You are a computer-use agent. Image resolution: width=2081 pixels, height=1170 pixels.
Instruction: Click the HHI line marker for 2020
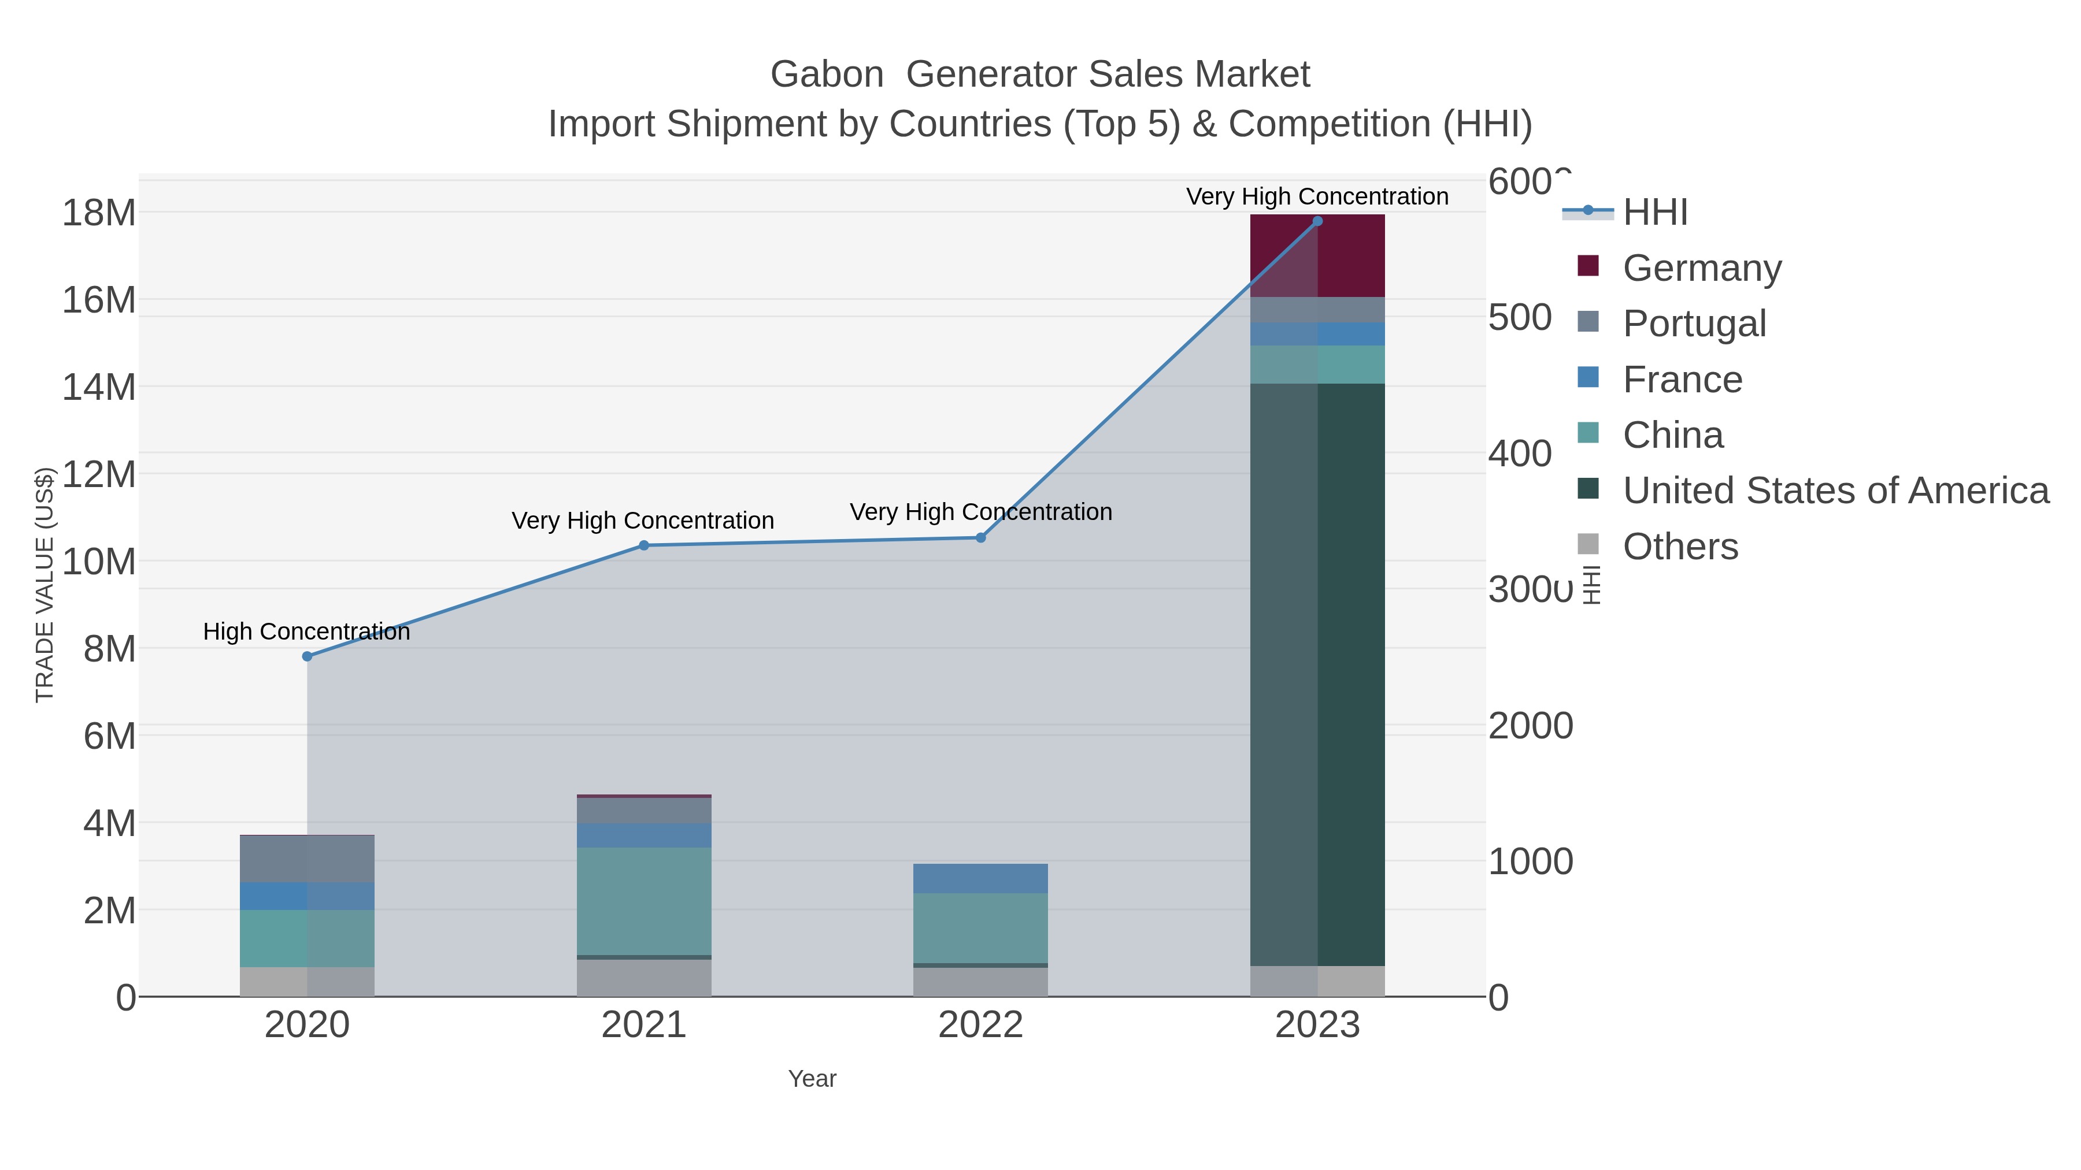tap(307, 656)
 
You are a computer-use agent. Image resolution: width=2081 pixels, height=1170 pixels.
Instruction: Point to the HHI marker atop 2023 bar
tap(1317, 221)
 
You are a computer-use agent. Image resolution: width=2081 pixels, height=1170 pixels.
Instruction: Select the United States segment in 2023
tap(1317, 674)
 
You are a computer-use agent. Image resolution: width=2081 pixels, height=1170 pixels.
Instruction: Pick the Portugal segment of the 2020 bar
tap(307, 859)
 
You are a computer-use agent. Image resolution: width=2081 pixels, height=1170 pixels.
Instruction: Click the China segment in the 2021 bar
tap(644, 901)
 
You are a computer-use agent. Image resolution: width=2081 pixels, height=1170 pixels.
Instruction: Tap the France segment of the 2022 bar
tap(981, 878)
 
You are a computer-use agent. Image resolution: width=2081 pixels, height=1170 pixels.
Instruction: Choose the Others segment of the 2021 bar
tap(644, 978)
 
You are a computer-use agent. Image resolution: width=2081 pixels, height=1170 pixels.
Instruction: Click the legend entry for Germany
tap(1701, 268)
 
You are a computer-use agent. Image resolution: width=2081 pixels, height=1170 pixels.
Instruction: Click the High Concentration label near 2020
tap(306, 632)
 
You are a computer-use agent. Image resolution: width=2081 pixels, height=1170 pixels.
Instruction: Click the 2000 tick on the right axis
tap(1530, 726)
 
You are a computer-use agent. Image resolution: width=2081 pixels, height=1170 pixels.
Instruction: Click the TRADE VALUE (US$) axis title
tap(45, 585)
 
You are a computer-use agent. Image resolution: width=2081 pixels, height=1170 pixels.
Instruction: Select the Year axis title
tap(812, 1079)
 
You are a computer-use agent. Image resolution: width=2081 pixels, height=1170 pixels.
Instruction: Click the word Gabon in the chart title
tap(827, 75)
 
